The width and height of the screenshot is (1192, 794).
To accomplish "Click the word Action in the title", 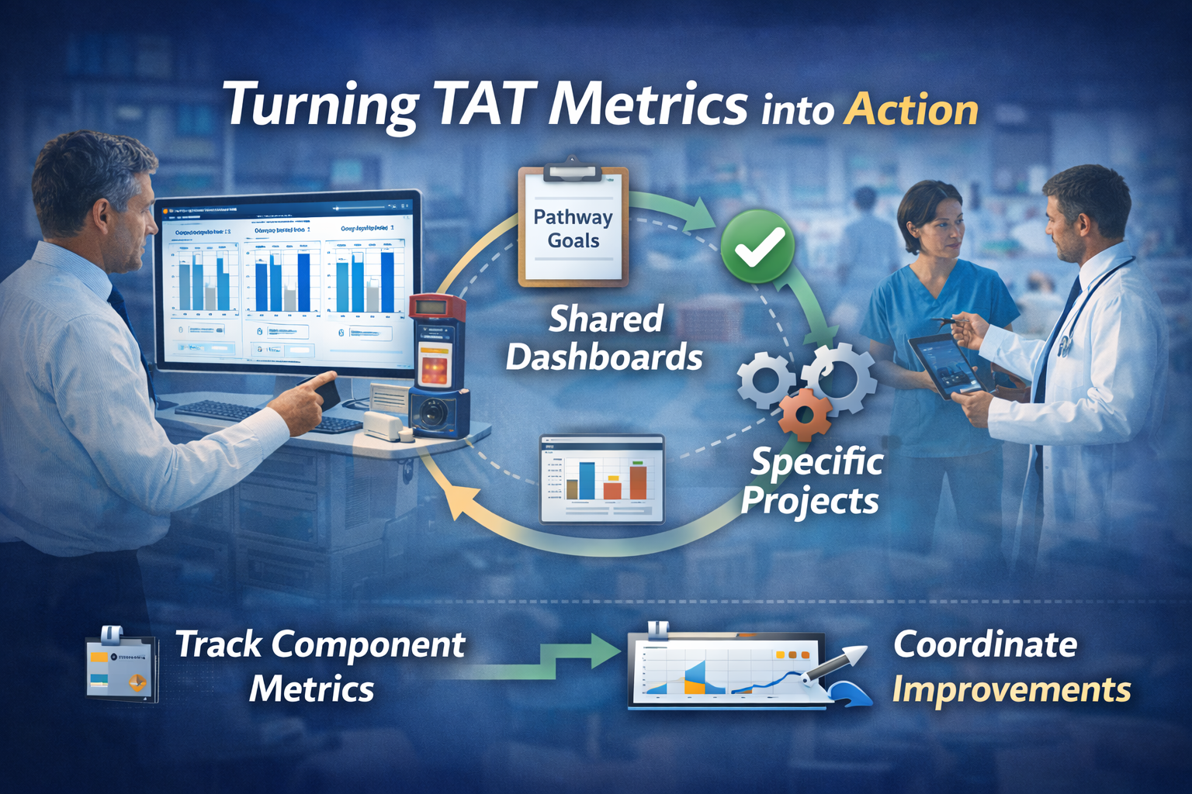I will (x=911, y=109).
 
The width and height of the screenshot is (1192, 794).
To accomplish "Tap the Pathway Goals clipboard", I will (x=573, y=226).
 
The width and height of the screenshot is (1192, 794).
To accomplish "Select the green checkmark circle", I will (x=757, y=247).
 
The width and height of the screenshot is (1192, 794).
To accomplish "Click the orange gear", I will (x=804, y=414).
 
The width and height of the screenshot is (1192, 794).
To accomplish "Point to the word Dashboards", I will (x=604, y=357).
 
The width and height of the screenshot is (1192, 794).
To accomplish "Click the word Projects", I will (x=809, y=501).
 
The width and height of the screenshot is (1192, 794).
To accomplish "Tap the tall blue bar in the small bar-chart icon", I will (x=587, y=481).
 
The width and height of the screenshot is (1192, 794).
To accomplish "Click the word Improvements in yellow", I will (x=1010, y=689).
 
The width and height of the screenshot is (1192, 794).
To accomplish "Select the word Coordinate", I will (x=985, y=644).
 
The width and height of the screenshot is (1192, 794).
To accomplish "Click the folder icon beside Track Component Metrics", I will (x=121, y=666).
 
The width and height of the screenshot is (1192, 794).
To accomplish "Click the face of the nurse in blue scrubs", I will (x=937, y=229).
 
